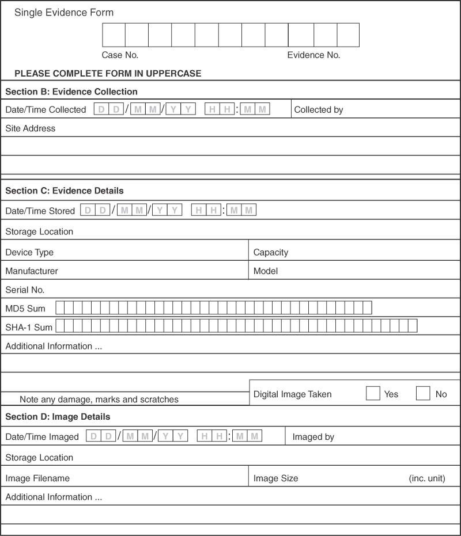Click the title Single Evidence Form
[x=64, y=12]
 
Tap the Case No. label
[x=120, y=55]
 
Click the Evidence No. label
[x=313, y=55]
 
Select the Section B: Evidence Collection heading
[x=71, y=92]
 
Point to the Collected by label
[x=319, y=109]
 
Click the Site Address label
[x=31, y=128]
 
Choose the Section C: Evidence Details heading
[x=65, y=191]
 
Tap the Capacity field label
[x=271, y=252]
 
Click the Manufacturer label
[x=32, y=271]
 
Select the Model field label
[x=266, y=271]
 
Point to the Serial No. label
[x=25, y=290]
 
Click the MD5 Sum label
[x=25, y=309]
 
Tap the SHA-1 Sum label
[x=29, y=328]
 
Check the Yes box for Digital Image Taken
[x=373, y=394]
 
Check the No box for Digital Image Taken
[x=423, y=394]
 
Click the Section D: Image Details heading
[x=58, y=416]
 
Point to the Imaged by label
[x=313, y=437]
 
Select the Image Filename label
[x=37, y=478]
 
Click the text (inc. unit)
[x=427, y=478]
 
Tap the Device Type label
[x=29, y=252]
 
